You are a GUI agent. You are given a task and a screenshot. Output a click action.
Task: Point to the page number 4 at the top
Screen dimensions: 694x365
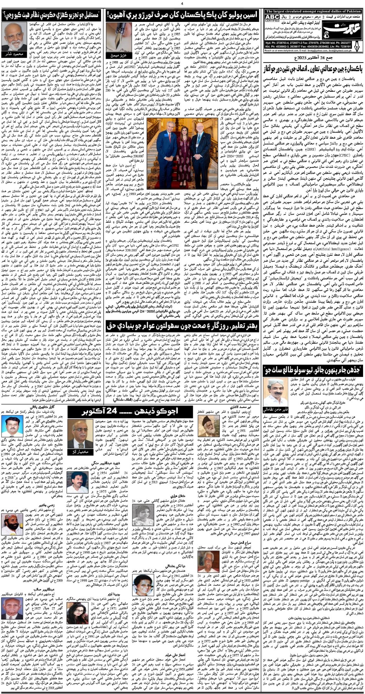pos(182,4)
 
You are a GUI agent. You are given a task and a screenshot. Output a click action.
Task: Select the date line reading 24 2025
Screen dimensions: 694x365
pos(314,58)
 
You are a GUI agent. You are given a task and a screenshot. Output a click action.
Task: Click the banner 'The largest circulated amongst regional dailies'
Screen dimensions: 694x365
pos(313,11)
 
